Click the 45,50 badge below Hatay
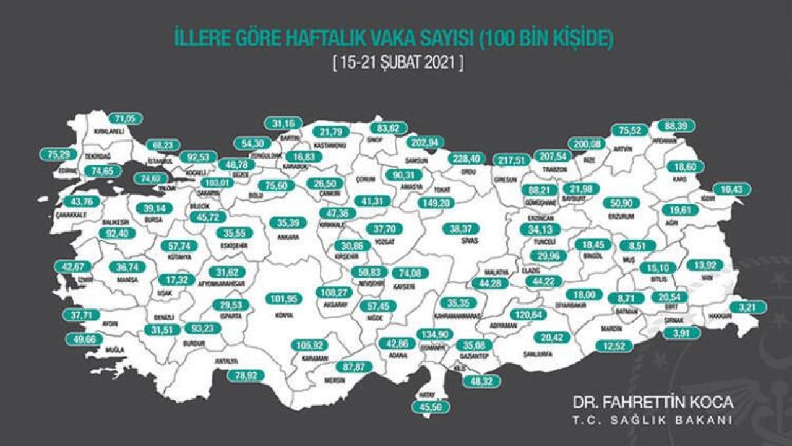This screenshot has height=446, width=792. (429, 407)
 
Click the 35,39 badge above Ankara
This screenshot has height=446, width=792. (288, 223)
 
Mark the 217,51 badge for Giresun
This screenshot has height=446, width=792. (510, 160)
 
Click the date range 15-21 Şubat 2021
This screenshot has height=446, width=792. (397, 63)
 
